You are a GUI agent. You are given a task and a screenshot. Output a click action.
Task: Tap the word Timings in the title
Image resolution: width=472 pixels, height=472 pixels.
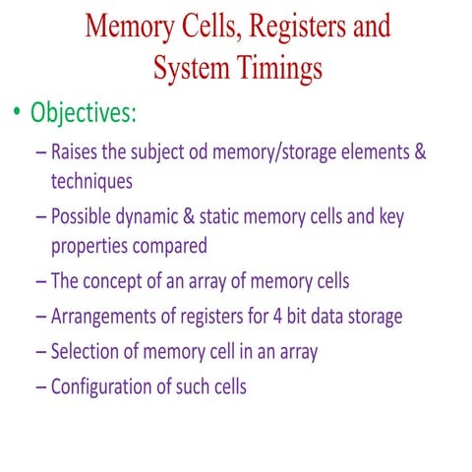point(281,68)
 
